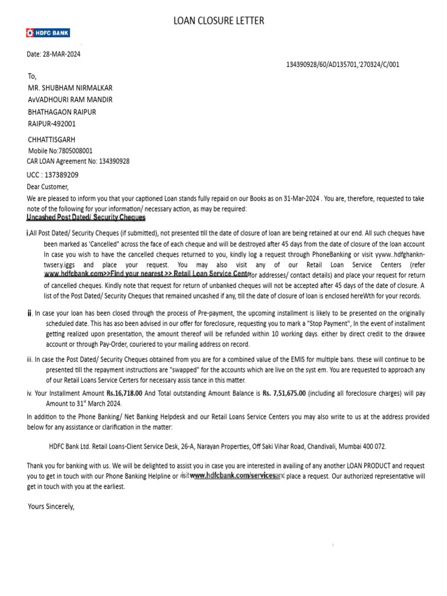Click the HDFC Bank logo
[48, 33]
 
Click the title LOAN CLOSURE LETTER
[219, 21]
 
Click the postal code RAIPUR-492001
[52, 123]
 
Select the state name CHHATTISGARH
[52, 140]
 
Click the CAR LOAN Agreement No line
[79, 161]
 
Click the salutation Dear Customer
[48, 187]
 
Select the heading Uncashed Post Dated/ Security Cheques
[86, 218]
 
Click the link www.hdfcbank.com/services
[232, 476]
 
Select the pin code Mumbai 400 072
[365, 446]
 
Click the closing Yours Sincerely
[52, 506]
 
